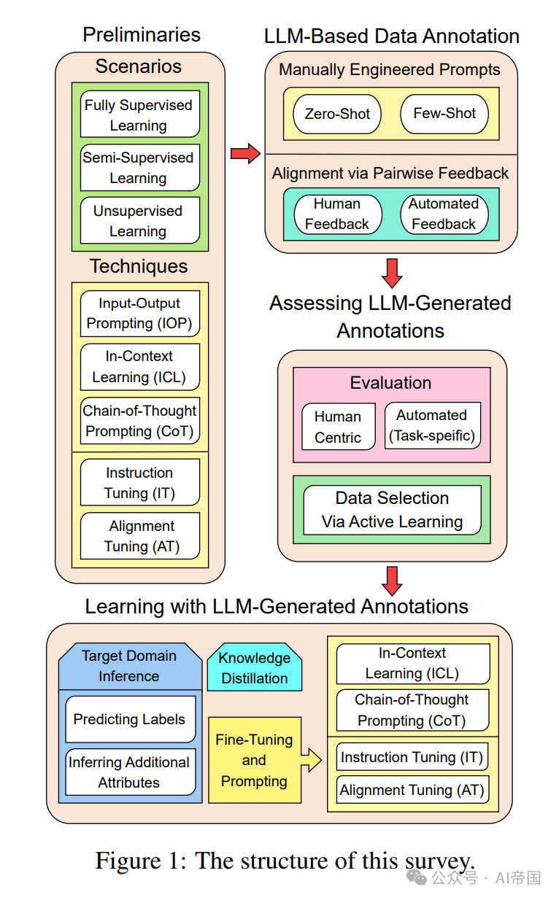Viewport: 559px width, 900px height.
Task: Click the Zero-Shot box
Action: [x=337, y=114]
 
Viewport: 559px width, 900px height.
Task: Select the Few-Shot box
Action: [x=444, y=114]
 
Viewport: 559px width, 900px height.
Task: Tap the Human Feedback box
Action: [x=338, y=214]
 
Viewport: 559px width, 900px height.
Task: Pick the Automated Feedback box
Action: [x=444, y=214]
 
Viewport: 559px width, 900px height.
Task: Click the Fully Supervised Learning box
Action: [x=140, y=114]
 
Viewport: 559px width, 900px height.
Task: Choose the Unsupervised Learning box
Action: [x=140, y=220]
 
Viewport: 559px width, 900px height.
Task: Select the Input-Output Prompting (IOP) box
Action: [x=140, y=314]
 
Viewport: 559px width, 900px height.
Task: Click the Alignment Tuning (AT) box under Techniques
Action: [x=140, y=535]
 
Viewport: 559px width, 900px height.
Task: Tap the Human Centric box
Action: [x=338, y=426]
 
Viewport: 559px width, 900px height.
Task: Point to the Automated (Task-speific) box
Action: [x=433, y=425]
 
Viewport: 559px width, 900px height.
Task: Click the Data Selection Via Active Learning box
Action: [x=392, y=510]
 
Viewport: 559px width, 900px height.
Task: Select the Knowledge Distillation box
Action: [x=255, y=667]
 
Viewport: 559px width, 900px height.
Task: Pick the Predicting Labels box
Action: [x=131, y=719]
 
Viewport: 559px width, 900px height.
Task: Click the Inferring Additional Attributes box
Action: [x=131, y=772]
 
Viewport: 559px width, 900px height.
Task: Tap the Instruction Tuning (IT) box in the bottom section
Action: [x=412, y=756]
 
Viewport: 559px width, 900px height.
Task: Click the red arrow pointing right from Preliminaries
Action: [x=245, y=153]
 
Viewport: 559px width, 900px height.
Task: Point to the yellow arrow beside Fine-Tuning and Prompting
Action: [x=312, y=760]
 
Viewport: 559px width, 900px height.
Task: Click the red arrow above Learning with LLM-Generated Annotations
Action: [x=392, y=581]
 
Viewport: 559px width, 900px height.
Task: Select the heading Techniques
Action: [x=139, y=266]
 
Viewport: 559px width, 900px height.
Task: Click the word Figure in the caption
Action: [x=128, y=861]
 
